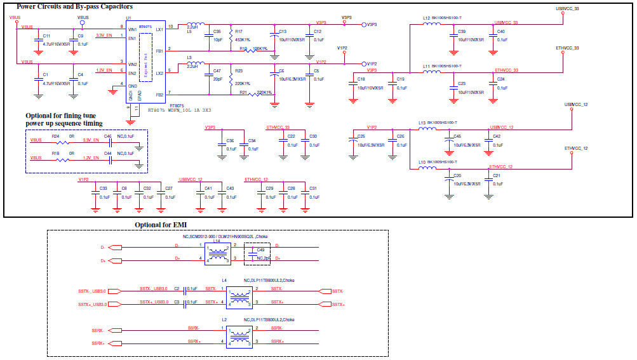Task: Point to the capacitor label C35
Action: [x=217, y=31]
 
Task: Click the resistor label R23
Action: [x=239, y=70]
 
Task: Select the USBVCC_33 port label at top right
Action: [x=567, y=9]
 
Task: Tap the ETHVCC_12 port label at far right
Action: [x=576, y=148]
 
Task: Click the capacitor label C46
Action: [x=107, y=136]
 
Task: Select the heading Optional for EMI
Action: [x=161, y=225]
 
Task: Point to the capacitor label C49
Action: [x=260, y=250]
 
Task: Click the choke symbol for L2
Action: [x=240, y=335]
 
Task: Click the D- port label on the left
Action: [x=102, y=246]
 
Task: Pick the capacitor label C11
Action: [x=46, y=36]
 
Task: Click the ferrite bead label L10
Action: [x=422, y=163]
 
